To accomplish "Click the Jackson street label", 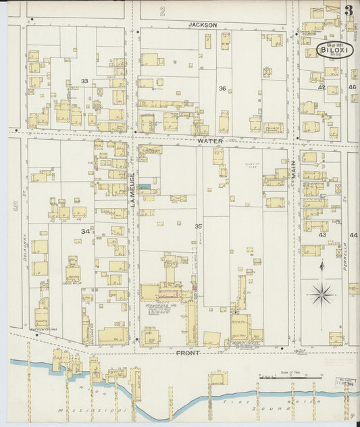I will click(203, 25).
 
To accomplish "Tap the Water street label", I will click(210, 141).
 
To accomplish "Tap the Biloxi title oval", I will click(335, 50).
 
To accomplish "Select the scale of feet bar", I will click(288, 376).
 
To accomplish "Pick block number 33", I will click(84, 81).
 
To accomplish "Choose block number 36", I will click(222, 89).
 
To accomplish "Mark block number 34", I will click(85, 231).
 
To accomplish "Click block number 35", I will click(199, 226).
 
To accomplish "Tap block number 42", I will click(322, 88).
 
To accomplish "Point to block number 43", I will click(322, 234).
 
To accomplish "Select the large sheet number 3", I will click(348, 10).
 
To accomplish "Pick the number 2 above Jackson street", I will click(162, 10).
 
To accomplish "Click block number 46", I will click(353, 87).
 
